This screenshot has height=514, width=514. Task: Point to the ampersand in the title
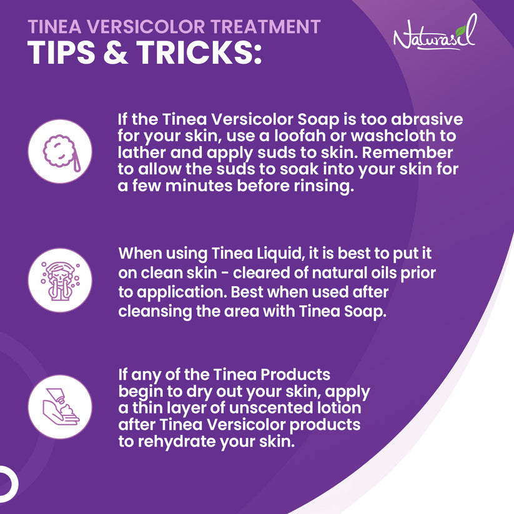pos(111,54)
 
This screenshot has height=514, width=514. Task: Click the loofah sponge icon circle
pos(61,151)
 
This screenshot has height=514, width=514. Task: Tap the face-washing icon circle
pos(61,280)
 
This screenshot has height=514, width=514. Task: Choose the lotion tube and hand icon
pos(61,407)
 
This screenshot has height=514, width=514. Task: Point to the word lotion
pos(339,408)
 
